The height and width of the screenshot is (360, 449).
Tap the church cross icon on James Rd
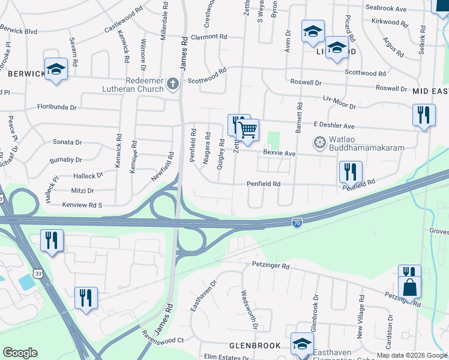173,84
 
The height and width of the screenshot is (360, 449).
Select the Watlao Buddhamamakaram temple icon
319,143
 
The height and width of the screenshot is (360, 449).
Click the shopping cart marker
247,128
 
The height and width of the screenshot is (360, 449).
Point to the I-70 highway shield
297,223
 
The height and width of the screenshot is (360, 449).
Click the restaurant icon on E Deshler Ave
424,114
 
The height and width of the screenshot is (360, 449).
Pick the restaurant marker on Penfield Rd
351,171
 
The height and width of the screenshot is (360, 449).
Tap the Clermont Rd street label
208,37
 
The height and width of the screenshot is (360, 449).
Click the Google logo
20,353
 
